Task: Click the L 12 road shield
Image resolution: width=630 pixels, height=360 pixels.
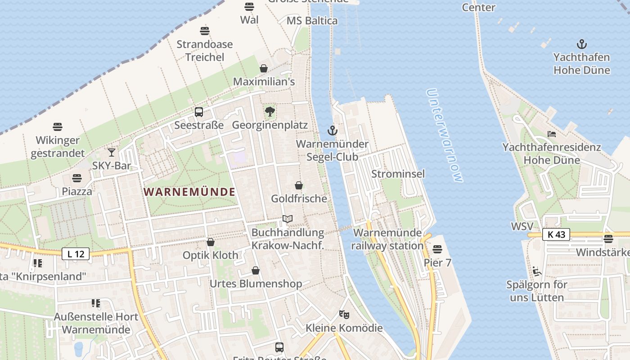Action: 76,254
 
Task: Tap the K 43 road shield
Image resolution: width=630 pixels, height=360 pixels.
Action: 556,234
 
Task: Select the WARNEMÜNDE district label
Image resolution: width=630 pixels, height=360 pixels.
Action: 189,192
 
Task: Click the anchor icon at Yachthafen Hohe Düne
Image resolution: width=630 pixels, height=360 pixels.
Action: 582,44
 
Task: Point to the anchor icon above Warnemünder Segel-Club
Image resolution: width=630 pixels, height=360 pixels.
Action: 332,130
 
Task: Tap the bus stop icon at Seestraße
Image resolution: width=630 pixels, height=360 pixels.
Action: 198,112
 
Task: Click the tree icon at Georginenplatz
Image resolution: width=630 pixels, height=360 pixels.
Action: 270,112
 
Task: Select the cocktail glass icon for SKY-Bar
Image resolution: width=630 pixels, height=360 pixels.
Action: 112,153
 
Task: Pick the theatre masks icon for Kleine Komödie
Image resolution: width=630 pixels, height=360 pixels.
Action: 344,314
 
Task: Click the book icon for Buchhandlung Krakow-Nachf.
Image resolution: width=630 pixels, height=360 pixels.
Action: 288,219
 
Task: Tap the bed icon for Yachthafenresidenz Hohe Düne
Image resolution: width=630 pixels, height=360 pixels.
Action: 551,134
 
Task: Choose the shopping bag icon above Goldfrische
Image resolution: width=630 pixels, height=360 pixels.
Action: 298,185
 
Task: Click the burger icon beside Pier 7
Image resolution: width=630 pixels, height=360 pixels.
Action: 437,249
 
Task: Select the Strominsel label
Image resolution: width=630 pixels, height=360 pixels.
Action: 398,174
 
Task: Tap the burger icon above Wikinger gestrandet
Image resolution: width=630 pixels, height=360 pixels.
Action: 58,127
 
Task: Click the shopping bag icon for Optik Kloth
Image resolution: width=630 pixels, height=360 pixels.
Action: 210,242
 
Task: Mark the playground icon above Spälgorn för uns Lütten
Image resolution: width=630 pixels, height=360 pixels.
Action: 536,271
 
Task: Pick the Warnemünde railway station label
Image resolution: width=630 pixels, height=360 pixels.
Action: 387,239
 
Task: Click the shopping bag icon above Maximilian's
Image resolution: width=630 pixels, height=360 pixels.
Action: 264,68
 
